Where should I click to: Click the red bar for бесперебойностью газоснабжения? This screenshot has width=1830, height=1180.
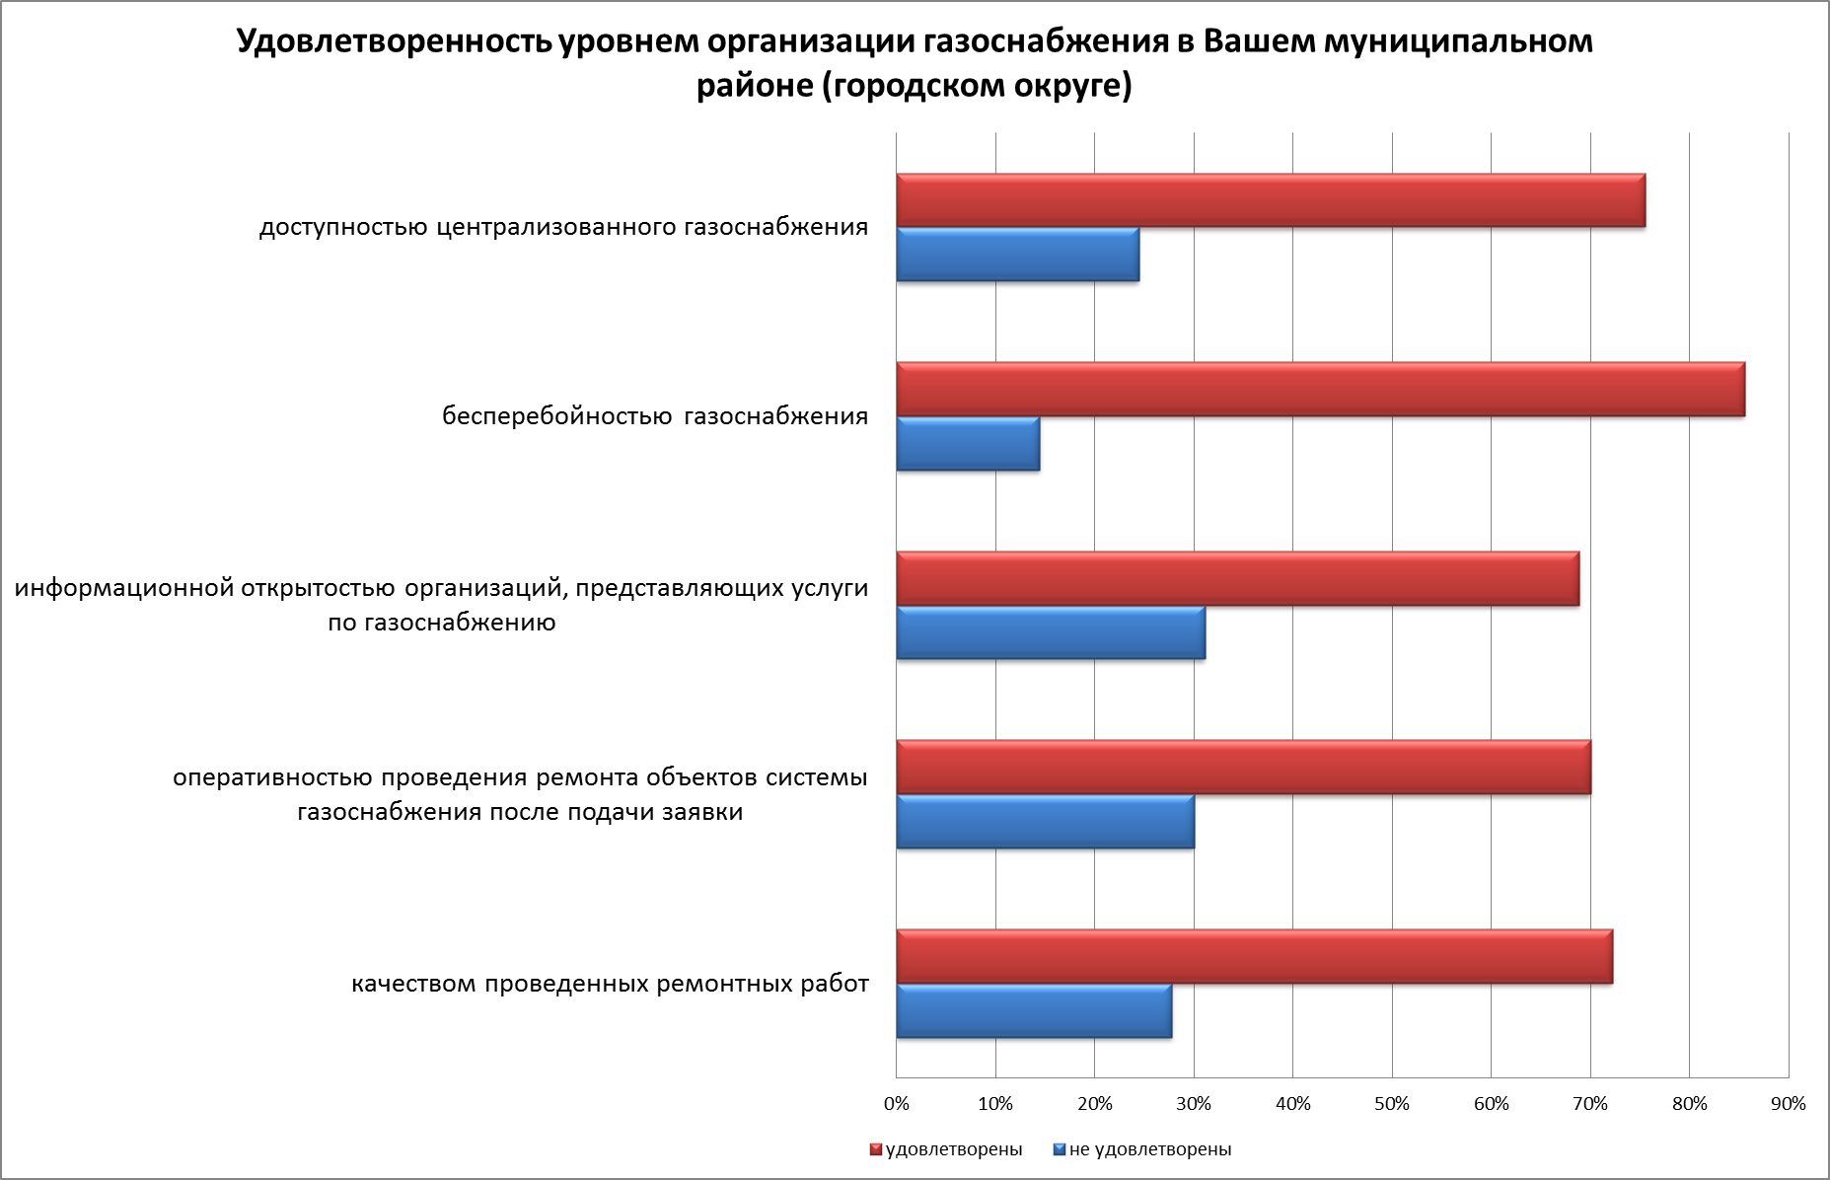[x=1320, y=390]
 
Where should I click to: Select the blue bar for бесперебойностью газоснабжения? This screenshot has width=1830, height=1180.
[x=968, y=444]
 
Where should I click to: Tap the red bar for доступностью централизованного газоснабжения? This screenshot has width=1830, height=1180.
[x=1271, y=200]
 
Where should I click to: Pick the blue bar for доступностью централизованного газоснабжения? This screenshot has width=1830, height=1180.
[x=1017, y=255]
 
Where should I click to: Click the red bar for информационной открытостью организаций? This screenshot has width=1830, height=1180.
[x=1237, y=578]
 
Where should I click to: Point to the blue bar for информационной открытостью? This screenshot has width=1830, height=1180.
[x=1051, y=632]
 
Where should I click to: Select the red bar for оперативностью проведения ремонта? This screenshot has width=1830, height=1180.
[x=1243, y=768]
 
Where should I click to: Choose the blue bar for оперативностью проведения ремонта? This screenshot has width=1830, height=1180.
[x=1045, y=821]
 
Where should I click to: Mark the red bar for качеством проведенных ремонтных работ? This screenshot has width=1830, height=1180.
[x=1254, y=957]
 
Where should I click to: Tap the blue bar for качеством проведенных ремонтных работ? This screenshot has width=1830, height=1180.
[x=1034, y=1011]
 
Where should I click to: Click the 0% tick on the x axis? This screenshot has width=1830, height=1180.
[x=896, y=1104]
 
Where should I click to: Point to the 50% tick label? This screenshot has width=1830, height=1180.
[x=1392, y=1104]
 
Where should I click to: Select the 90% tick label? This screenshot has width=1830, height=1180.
[x=1789, y=1104]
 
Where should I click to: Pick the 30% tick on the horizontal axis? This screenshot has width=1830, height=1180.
[x=1194, y=1104]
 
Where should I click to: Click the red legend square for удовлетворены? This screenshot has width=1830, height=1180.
[x=875, y=1149]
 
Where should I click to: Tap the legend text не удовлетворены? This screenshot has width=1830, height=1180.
[x=1150, y=1149]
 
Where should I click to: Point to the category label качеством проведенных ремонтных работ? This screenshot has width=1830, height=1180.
[x=610, y=984]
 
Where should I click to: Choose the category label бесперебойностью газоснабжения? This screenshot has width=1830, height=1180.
[x=655, y=416]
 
